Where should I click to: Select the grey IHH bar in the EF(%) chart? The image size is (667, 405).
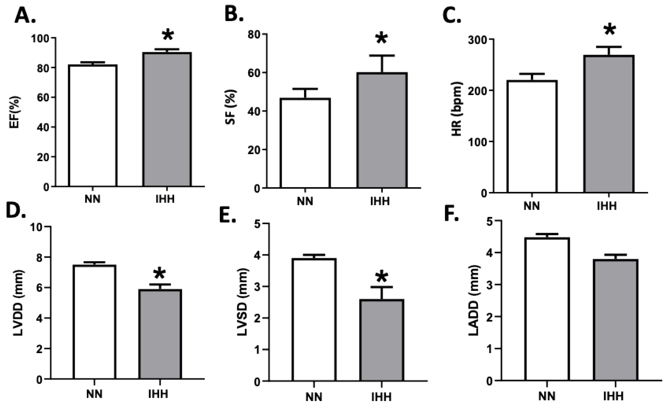(167, 119)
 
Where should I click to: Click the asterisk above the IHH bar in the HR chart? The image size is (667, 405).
(609, 30)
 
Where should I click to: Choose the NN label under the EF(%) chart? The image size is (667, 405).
(93, 199)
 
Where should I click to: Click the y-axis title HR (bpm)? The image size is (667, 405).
(457, 109)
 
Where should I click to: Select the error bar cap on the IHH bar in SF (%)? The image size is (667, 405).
(382, 55)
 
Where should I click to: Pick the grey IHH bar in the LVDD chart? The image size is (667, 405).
(160, 334)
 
